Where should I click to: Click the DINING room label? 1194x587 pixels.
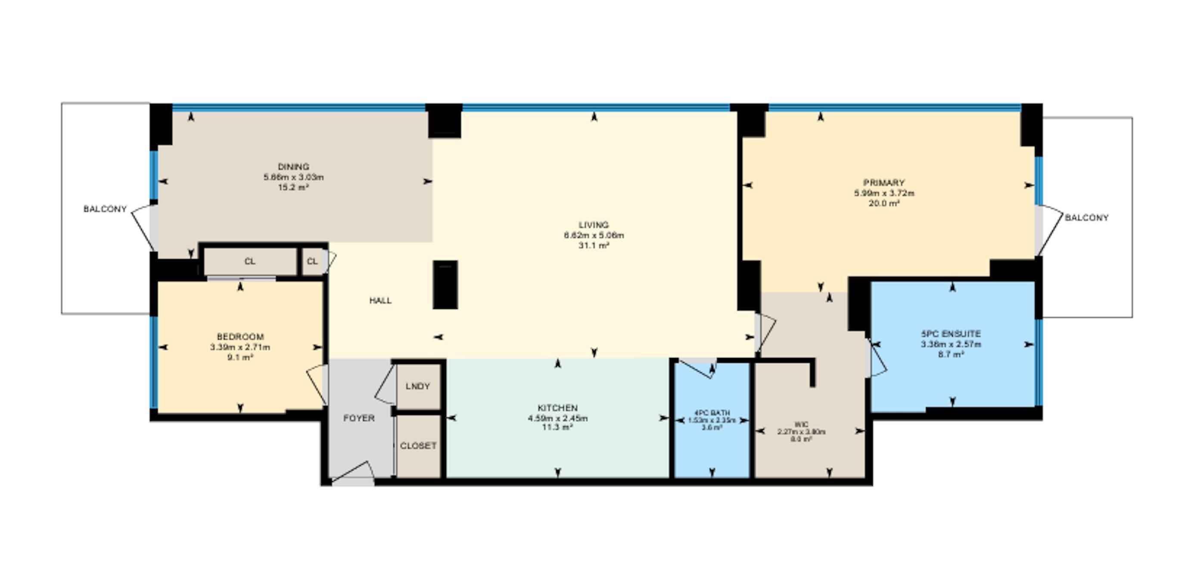click(293, 166)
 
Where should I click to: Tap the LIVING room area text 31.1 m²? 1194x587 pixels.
click(593, 246)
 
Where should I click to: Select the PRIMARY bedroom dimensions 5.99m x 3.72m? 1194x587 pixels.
click(884, 193)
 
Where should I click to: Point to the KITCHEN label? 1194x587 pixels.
click(558, 408)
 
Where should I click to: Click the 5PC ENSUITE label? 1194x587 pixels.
click(951, 334)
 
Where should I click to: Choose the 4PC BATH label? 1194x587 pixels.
click(712, 412)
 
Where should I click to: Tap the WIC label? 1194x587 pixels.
click(801, 424)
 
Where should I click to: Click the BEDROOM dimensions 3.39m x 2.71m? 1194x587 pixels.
click(239, 347)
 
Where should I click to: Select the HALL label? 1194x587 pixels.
click(380, 301)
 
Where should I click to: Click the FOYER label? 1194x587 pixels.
click(359, 418)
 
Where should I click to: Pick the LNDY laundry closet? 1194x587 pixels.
click(418, 386)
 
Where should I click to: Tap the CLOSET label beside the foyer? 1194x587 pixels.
click(418, 446)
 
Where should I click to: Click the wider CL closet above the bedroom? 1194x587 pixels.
click(250, 262)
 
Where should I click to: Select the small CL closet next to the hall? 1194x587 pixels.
click(312, 262)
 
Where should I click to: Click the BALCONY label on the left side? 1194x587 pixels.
click(105, 209)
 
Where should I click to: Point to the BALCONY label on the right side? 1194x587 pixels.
click(1086, 218)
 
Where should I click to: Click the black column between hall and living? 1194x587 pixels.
click(445, 285)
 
